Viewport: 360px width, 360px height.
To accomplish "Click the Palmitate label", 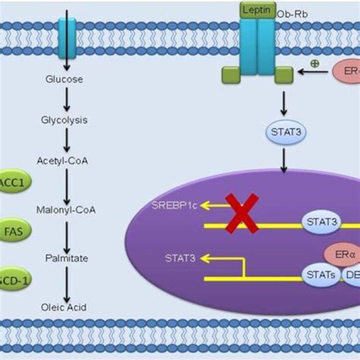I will coord(68,258).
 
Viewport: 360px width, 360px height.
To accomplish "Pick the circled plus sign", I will coord(314,63).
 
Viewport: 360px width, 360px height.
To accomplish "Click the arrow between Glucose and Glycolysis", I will coord(68,99).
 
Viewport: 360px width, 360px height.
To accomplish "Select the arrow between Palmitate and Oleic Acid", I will coord(68,283).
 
